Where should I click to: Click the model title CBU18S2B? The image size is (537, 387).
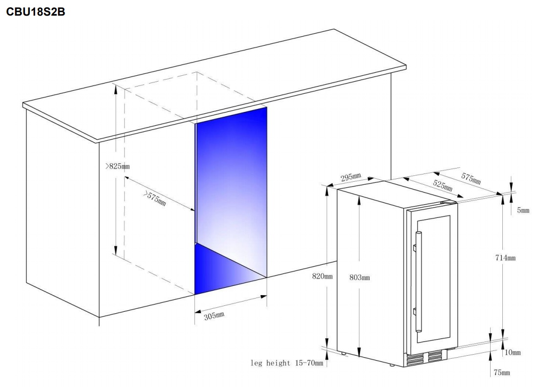click(x=36, y=12)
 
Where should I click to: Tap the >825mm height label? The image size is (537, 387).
click(x=117, y=167)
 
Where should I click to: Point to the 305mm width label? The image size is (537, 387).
click(x=215, y=316)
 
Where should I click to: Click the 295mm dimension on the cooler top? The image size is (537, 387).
click(x=351, y=177)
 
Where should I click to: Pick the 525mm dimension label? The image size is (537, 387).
click(x=443, y=185)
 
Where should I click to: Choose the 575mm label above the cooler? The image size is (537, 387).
click(x=471, y=178)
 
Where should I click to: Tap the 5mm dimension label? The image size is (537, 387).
click(x=523, y=210)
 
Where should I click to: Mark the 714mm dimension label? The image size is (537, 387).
click(x=506, y=258)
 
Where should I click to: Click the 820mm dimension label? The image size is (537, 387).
click(x=322, y=276)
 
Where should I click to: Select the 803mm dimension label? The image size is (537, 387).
click(x=360, y=278)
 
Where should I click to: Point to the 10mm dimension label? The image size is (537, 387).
click(x=513, y=352)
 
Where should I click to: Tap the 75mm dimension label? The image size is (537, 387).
click(x=502, y=373)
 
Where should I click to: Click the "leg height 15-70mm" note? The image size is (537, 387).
click(x=287, y=363)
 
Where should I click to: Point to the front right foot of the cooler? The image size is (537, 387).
click(x=392, y=365)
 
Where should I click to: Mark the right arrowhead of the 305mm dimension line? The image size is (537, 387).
click(x=264, y=297)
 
